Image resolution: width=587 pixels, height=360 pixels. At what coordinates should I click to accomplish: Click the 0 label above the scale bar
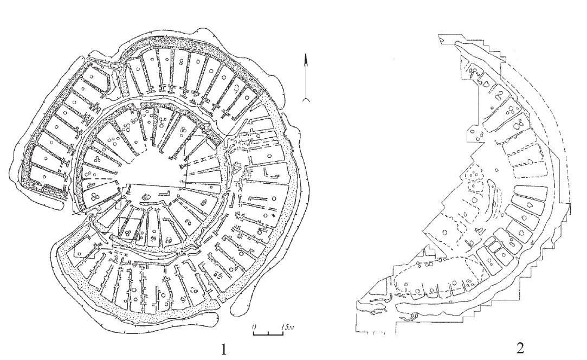pyautogui.click(x=255, y=327)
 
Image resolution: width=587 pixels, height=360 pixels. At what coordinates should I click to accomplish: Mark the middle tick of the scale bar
pyautogui.click(x=268, y=333)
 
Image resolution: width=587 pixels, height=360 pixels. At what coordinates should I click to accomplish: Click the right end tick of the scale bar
pyautogui.click(x=283, y=333)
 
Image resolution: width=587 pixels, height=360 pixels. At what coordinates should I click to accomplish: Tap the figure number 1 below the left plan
pyautogui.click(x=223, y=350)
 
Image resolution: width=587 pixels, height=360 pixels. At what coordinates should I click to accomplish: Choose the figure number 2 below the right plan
pyautogui.click(x=520, y=349)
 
